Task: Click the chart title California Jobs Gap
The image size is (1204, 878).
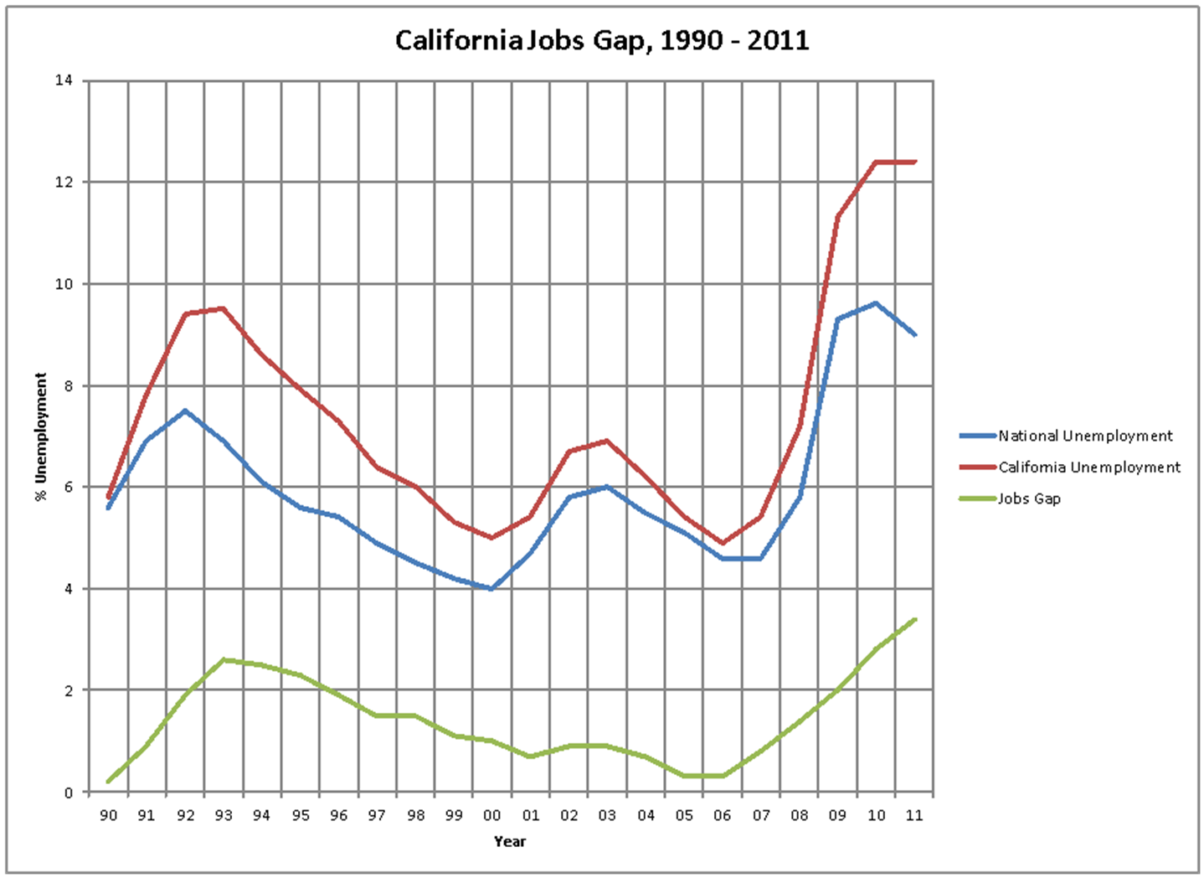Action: click(602, 40)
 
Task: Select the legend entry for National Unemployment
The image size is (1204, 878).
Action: click(1085, 436)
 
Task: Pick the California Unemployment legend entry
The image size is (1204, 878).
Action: click(1088, 467)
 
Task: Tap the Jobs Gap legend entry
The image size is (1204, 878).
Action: click(1029, 498)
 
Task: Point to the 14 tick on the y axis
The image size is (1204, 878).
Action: click(64, 80)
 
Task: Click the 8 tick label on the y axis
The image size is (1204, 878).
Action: click(67, 386)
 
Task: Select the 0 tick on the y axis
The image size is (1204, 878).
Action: click(67, 793)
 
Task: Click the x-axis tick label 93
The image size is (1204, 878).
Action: click(224, 815)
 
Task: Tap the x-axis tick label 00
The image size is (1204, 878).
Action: click(492, 815)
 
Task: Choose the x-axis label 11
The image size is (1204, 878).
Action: click(914, 815)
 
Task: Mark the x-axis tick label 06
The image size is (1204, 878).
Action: click(723, 815)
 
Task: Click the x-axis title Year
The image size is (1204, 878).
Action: click(509, 841)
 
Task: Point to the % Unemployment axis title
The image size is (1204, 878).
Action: click(41, 436)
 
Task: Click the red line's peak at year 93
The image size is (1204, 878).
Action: click(224, 308)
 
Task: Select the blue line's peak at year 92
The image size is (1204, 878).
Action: click(185, 411)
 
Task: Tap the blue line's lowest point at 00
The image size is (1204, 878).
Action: click(492, 589)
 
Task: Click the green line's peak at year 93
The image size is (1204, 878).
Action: click(224, 660)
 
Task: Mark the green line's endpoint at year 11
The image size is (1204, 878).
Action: click(915, 619)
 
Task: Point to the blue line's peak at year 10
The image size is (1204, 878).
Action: click(877, 303)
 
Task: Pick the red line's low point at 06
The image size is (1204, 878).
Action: click(723, 543)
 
